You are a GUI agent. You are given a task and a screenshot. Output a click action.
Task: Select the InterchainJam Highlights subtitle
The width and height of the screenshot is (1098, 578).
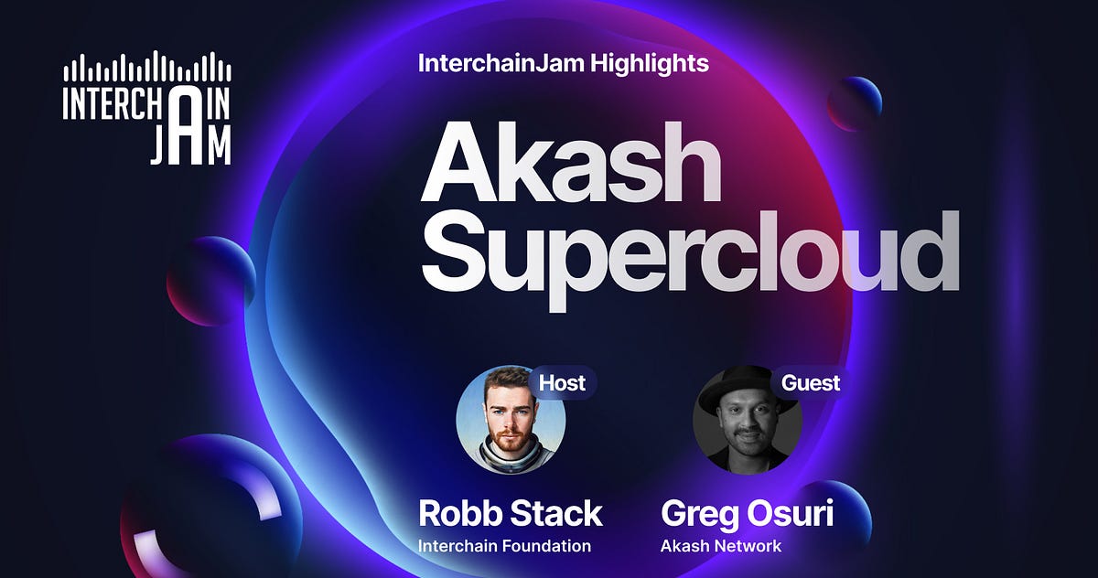tap(563, 63)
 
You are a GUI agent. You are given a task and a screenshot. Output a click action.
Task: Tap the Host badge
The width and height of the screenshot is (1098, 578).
tap(562, 382)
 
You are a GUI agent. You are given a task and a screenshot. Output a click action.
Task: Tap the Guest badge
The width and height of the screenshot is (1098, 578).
tap(810, 382)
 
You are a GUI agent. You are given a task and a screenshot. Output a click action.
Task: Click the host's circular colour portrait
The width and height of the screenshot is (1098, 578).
tap(511, 420)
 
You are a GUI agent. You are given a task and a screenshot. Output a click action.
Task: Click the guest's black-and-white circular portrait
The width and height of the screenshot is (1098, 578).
tap(747, 420)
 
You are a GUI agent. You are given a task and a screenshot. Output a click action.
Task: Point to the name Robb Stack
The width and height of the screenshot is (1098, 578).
tap(510, 513)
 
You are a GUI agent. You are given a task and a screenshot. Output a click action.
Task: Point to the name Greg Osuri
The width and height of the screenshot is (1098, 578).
tap(747, 513)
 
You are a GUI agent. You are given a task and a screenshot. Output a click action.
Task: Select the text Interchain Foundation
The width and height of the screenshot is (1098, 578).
tap(504, 546)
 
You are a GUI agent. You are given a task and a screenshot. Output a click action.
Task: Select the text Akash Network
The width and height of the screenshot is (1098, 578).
tap(721, 546)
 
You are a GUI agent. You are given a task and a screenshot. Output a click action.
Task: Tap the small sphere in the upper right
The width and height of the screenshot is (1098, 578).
tap(855, 102)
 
